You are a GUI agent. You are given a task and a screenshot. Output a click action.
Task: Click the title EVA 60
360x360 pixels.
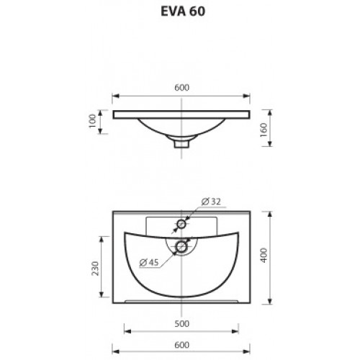[183, 12]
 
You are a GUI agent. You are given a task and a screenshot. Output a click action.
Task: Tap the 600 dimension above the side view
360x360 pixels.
[181, 88]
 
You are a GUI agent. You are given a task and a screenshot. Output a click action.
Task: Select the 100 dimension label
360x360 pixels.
[92, 121]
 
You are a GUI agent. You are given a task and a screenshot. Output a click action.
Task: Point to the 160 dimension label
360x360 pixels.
[264, 130]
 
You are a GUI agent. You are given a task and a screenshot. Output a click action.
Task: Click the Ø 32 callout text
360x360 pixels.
[211, 202]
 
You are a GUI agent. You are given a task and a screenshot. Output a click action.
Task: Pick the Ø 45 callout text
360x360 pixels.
[149, 262]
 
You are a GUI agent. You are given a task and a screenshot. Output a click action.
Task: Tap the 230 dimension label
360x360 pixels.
[95, 269]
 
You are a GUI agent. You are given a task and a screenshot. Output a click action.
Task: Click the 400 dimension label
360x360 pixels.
[264, 255]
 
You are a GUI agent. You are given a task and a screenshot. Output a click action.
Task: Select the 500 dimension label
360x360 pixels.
[181, 324]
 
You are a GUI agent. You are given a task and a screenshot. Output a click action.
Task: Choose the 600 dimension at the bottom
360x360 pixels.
[181, 345]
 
